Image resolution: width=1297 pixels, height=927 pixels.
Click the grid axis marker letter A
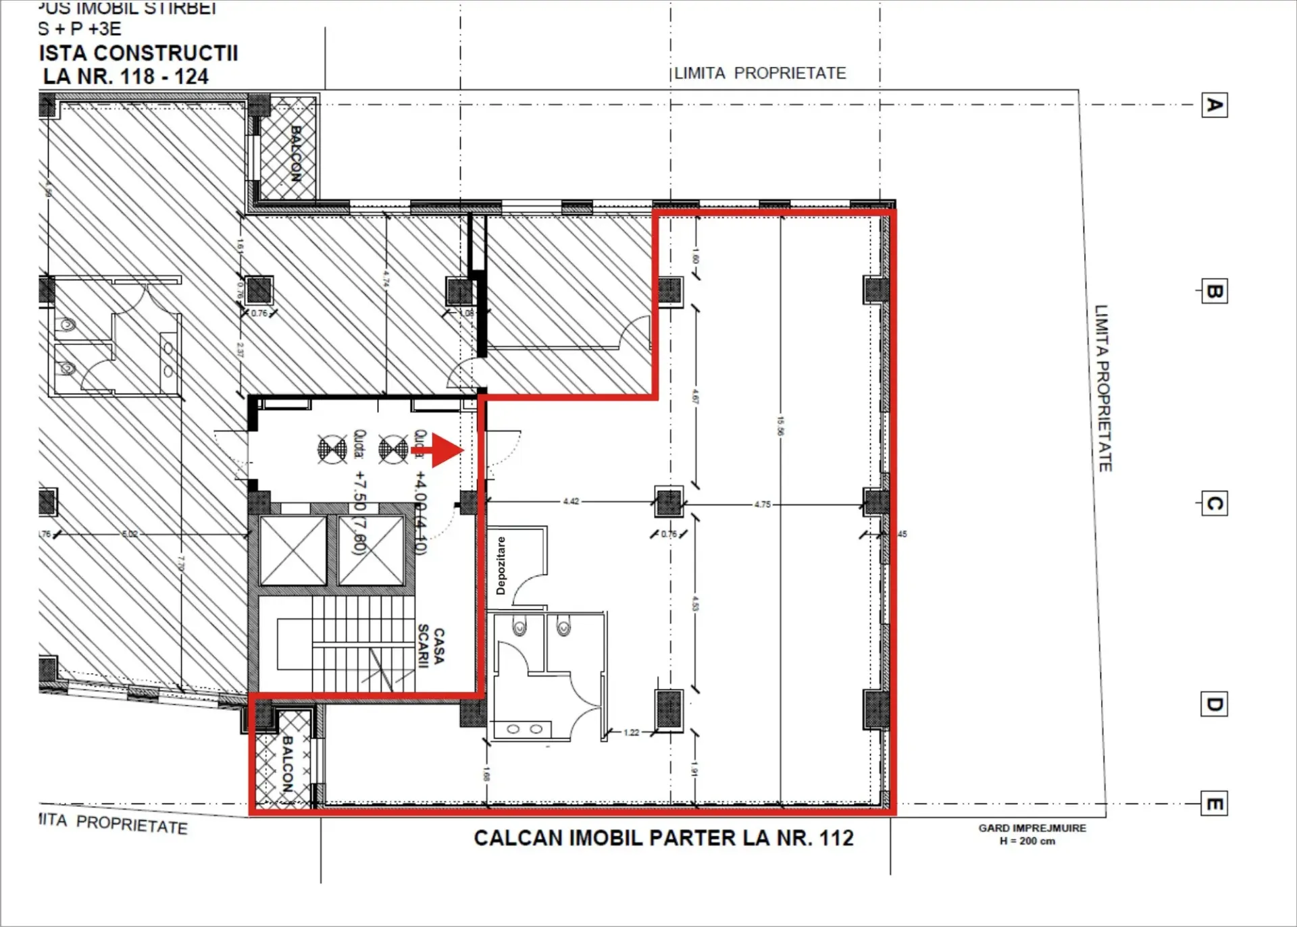click(1214, 105)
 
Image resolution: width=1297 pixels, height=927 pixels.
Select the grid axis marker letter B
click(1214, 292)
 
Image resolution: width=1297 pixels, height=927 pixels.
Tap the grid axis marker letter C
click(1214, 504)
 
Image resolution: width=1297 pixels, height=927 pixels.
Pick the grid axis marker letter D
click(1214, 704)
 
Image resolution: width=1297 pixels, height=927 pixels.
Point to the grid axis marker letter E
click(1214, 804)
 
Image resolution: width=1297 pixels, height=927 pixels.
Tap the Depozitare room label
click(501, 566)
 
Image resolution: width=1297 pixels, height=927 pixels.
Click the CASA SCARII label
click(430, 646)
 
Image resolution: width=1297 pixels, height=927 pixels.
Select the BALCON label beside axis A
click(295, 154)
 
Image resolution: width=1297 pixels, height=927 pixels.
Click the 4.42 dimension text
click(571, 501)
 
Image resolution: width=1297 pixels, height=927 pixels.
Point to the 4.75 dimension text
click(762, 504)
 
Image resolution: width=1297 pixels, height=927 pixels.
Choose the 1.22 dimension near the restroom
click(631, 732)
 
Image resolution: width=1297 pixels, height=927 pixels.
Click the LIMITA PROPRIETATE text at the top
click(760, 73)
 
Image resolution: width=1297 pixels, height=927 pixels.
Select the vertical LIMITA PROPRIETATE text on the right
click(1102, 388)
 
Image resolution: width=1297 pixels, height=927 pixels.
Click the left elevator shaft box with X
click(293, 550)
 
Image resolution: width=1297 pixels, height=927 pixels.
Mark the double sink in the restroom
click(524, 729)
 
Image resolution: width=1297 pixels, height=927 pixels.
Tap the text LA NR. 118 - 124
click(126, 76)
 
